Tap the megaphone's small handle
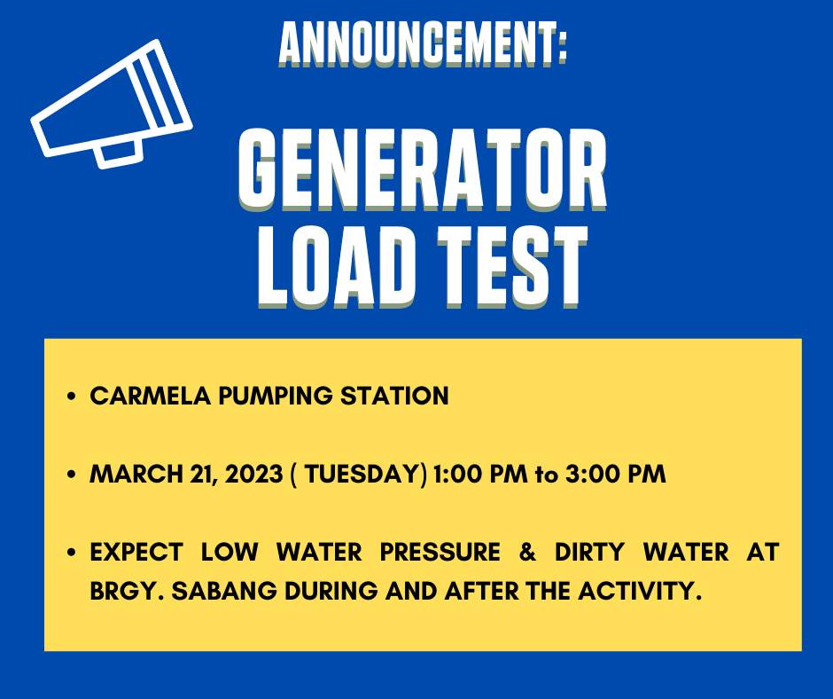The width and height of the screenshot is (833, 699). [120, 154]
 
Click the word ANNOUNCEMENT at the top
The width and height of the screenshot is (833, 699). [417, 44]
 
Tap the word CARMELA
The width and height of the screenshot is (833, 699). [151, 397]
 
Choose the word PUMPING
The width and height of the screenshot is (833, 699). [276, 397]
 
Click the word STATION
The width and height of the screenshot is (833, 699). [394, 397]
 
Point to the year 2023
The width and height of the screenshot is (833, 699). [253, 474]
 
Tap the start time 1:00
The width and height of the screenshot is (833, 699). [456, 474]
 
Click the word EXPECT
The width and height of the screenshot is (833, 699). [136, 552]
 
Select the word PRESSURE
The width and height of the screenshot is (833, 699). [440, 552]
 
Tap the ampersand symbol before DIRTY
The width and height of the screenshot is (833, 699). [527, 552]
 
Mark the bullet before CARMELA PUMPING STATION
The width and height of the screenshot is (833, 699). [73, 397]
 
